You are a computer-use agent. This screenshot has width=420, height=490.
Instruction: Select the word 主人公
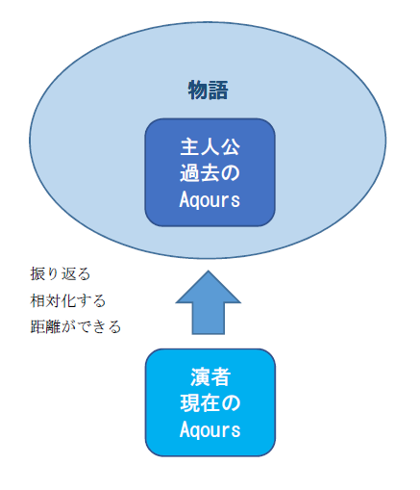coord(209,149)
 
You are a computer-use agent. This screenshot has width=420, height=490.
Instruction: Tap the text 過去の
coord(209,174)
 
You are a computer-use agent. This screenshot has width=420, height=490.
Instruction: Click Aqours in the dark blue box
coord(209,199)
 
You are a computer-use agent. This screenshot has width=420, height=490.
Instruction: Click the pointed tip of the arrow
coord(209,272)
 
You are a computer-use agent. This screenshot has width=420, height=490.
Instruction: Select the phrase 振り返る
coord(60,274)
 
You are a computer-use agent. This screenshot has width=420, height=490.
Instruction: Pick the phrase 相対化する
coord(67,300)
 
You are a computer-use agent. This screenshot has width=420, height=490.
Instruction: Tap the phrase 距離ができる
coord(76,326)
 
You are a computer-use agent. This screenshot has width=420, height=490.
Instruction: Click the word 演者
coord(209,376)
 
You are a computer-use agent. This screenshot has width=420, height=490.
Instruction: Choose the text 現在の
coord(209,402)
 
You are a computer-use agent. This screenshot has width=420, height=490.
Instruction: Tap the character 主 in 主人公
coord(188,149)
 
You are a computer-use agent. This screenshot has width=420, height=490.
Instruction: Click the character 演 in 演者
coord(199,376)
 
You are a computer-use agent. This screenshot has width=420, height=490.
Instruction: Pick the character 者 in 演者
coord(220,376)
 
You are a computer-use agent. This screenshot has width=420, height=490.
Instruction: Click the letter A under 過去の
coord(185,199)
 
